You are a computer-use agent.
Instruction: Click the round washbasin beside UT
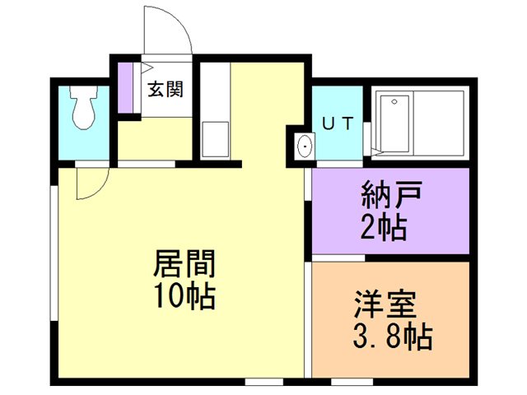pos(305,147)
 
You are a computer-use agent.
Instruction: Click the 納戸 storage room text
pos(391,197)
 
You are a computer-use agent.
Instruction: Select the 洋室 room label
pos(385,305)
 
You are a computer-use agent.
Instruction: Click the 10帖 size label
pos(183,295)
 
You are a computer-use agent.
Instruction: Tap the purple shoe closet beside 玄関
pos(126,86)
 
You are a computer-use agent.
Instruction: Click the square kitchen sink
pos(216,137)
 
